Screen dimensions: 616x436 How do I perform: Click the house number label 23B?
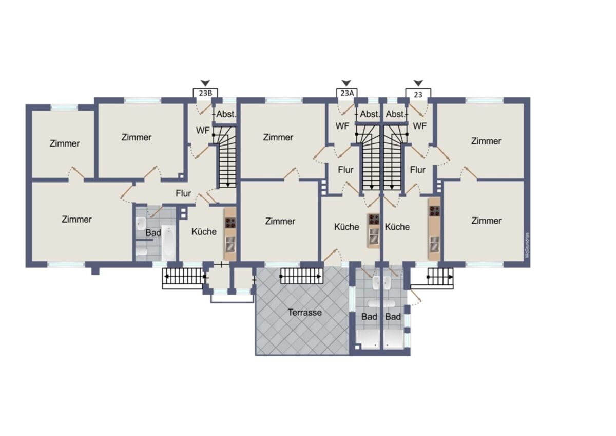[205, 93]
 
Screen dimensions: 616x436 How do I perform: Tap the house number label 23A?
[347, 93]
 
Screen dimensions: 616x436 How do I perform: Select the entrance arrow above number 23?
[418, 83]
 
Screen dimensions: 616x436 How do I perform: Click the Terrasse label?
[305, 312]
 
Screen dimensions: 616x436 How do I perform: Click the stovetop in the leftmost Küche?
[230, 223]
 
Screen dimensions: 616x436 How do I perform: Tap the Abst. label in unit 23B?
[226, 114]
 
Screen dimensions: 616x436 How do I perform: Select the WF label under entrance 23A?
[342, 126]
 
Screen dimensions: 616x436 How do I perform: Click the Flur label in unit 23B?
[183, 193]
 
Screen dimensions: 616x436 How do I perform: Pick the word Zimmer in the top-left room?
[65, 143]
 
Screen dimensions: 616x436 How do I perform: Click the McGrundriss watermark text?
[527, 245]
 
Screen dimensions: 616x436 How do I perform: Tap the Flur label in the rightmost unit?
[418, 170]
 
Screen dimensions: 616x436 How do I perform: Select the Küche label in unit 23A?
[346, 227]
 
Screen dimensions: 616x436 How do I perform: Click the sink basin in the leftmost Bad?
[141, 224]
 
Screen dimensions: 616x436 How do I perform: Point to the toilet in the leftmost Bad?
[142, 251]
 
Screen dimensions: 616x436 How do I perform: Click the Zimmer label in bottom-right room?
[486, 221]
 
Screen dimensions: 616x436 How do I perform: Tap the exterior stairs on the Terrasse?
[301, 276]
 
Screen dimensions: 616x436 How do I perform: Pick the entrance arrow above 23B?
[205, 83]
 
